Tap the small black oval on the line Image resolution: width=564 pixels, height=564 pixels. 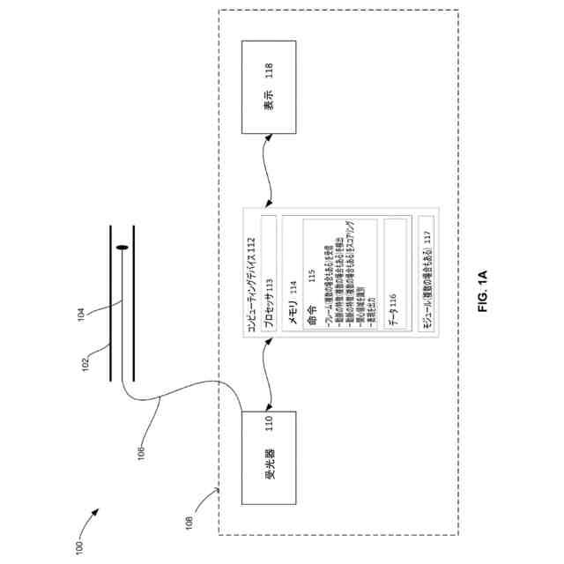pyautogui.click(x=122, y=249)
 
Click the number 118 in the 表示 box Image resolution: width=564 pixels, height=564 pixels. pyautogui.click(x=271, y=70)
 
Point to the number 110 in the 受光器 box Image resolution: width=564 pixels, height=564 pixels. pyautogui.click(x=271, y=436)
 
